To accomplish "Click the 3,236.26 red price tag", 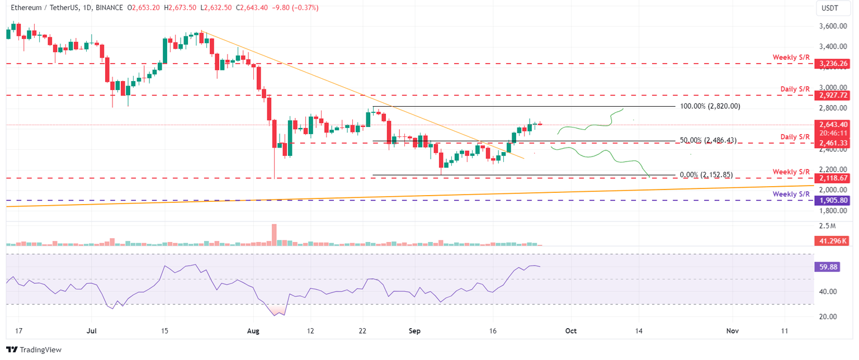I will coord(834,64).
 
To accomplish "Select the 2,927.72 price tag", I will coord(834,96).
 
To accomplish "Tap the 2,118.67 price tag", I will coord(834,178).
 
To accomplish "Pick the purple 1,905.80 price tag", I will coord(834,200).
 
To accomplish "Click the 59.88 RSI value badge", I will coord(828,267).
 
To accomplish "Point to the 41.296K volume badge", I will coord(832,241).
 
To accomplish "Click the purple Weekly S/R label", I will coord(791,194).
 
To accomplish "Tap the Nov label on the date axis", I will coord(732,331).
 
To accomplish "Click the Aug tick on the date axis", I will coord(253,331).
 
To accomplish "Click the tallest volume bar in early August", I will coord(274,234).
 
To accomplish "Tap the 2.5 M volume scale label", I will coord(826,226).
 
